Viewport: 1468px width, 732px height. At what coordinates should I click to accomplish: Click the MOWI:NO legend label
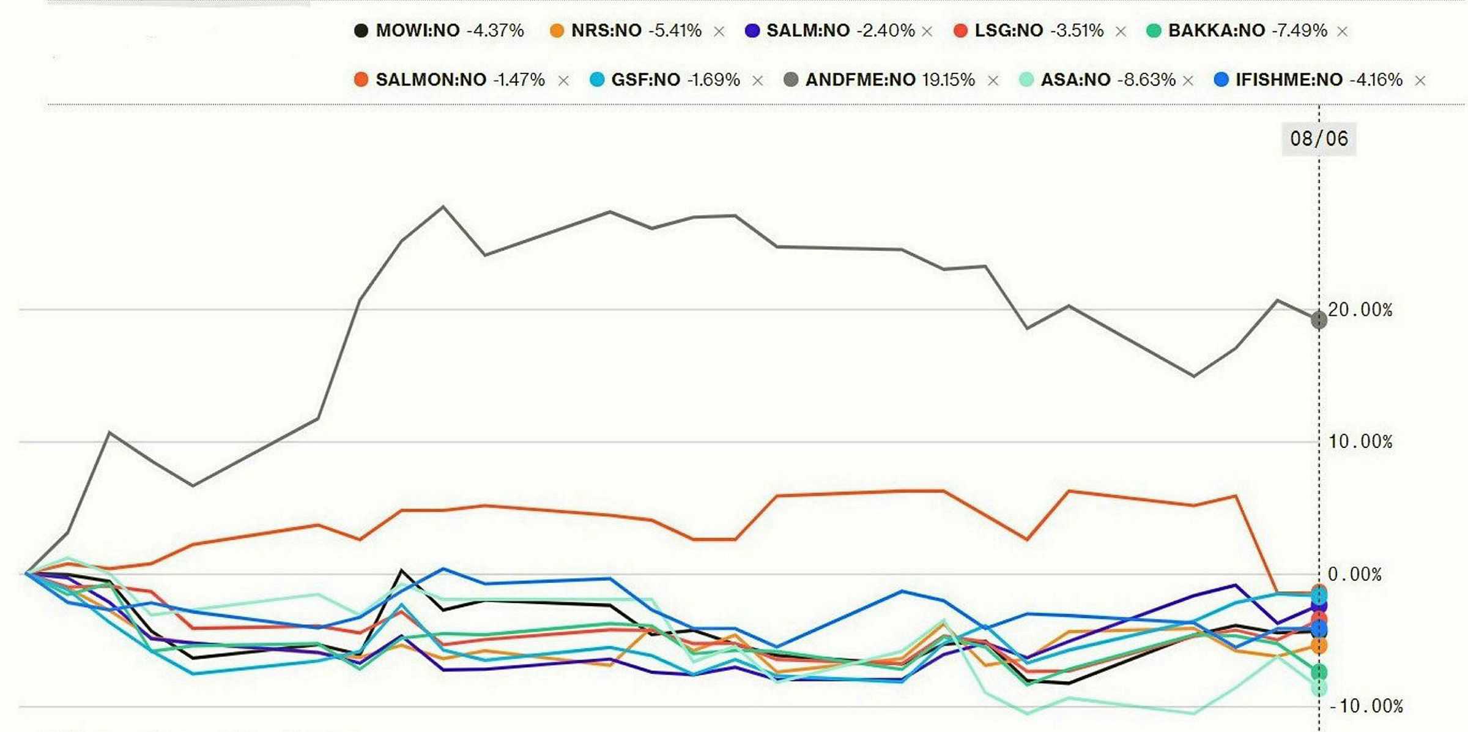tap(417, 31)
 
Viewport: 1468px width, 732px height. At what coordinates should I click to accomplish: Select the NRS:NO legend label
tap(606, 31)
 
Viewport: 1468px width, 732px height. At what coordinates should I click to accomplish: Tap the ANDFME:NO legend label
tap(860, 80)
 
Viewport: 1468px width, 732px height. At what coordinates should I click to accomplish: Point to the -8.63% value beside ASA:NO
tap(1146, 80)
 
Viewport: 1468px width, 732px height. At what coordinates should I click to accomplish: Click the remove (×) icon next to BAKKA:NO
tap(1343, 31)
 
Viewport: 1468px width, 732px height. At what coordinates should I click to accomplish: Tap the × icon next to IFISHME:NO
tap(1420, 80)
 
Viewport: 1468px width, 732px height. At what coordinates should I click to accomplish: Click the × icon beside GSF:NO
tap(757, 80)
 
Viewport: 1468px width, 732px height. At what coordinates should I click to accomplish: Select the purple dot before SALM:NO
tap(752, 31)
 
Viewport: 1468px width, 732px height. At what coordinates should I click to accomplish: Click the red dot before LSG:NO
tap(961, 31)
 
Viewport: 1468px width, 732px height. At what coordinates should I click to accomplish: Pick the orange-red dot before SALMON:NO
tap(361, 80)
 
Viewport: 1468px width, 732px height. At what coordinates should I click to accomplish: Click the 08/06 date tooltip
tap(1319, 138)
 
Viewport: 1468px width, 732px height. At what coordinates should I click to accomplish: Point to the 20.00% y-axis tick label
tap(1360, 310)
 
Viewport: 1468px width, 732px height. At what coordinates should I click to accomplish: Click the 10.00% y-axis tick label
tap(1360, 441)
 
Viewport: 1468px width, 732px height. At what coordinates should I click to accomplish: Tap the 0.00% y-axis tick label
tap(1354, 574)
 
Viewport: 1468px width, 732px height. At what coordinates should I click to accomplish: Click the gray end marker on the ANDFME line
tap(1319, 319)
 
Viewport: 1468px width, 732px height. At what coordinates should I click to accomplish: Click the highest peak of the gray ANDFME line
tap(443, 207)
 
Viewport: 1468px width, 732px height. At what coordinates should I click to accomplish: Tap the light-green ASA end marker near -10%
tap(1319, 688)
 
